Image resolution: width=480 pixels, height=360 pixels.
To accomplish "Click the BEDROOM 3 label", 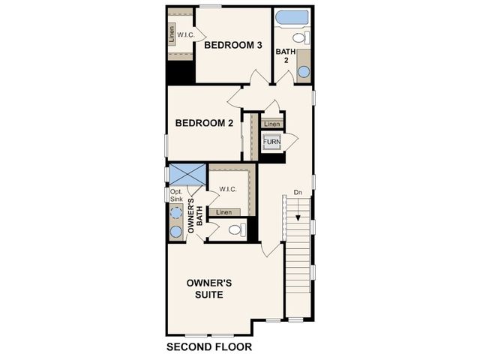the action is (233, 45).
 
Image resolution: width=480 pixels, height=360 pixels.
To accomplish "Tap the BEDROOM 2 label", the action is (204, 123).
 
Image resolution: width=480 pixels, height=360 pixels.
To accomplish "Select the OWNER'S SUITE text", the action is (209, 289).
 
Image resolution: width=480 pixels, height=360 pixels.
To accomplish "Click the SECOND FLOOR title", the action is (209, 346).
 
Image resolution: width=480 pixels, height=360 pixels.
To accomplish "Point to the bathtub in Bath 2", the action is (292, 17).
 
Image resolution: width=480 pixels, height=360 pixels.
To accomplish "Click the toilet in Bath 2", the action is (301, 37).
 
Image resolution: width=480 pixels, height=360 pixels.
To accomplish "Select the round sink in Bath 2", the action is (304, 72).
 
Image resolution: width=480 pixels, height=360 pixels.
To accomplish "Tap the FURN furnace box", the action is (271, 142).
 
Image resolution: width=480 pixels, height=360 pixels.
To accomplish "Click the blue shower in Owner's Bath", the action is (187, 175).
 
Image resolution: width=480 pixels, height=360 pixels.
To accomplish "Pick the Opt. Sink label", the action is (176, 195).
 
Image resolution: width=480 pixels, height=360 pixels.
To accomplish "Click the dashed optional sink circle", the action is (176, 212).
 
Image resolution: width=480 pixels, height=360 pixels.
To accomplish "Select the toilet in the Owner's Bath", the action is (237, 229).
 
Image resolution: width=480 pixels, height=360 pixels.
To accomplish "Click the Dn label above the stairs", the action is (298, 193).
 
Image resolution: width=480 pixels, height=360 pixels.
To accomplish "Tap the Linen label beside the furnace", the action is (271, 124).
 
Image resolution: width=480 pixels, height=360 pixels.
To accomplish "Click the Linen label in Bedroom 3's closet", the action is (172, 34).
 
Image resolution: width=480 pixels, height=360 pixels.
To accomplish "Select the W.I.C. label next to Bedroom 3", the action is (186, 35).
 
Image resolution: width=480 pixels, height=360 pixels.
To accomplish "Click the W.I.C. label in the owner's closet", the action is (228, 190).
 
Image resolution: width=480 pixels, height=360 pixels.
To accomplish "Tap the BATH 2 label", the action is (286, 55).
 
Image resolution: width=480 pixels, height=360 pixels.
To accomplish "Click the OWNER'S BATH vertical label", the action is (195, 215).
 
